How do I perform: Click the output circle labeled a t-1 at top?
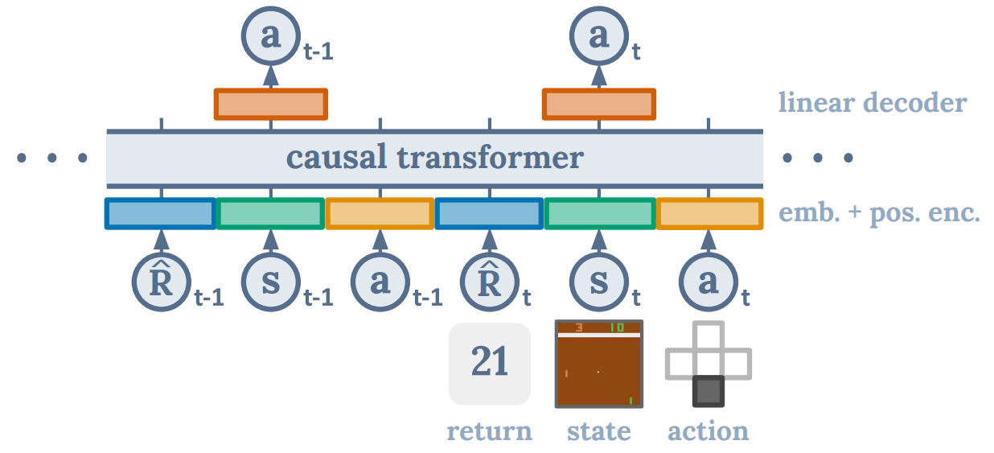270,36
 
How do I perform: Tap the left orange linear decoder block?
271,104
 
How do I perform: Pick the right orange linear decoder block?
599,104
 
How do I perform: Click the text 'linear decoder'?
872,102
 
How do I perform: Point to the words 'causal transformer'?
434,158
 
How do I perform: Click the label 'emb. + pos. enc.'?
879,214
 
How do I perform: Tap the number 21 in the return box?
490,363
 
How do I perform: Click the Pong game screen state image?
599,364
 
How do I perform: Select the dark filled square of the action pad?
709,391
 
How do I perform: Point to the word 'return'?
490,431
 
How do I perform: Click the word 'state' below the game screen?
599,431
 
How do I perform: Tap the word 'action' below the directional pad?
709,431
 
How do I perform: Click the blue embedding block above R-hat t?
490,213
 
